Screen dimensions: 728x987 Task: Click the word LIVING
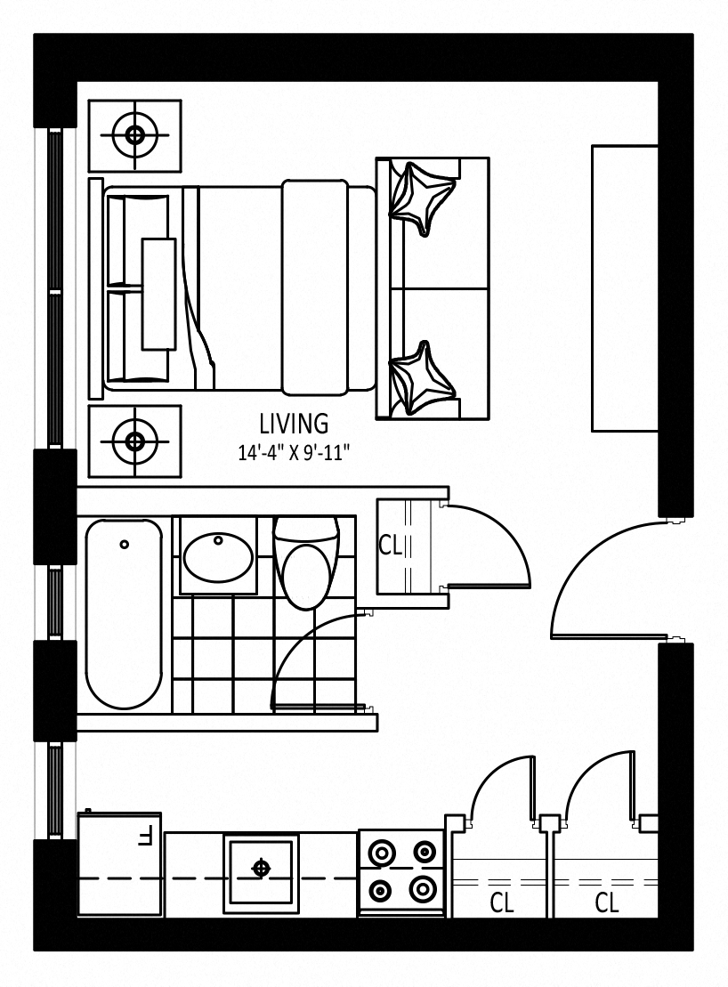pos(294,424)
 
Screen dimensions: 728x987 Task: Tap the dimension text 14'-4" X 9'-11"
pos(293,453)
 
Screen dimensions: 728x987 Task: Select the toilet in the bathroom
pos(306,562)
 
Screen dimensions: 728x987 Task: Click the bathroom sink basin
pos(218,556)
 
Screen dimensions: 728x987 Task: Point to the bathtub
pos(124,614)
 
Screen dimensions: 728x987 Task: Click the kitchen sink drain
pos(261,869)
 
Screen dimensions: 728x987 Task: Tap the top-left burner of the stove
pos(382,852)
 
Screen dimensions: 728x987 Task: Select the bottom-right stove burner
pos(422,890)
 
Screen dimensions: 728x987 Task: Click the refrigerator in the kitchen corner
pos(119,863)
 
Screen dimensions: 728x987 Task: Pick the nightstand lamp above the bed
pos(134,134)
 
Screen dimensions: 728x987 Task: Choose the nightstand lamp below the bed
pos(134,441)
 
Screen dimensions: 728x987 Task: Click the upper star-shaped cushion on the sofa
pos(421,198)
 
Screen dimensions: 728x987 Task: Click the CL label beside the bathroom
pos(390,546)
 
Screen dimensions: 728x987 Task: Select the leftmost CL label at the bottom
pos(501,903)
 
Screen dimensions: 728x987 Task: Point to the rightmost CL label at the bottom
pos(607,903)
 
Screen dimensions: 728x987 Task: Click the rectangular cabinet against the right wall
pos(624,288)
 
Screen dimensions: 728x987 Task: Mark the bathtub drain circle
pos(124,544)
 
